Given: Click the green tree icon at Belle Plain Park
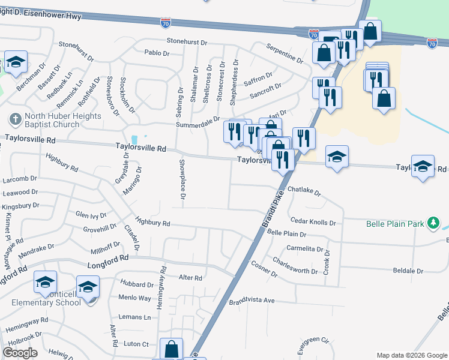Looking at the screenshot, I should [433, 224].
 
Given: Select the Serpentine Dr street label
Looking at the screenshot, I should [285, 53].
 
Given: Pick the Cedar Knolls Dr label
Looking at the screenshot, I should [313, 223].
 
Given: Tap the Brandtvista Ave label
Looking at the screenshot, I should [252, 301].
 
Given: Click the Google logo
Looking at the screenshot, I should [20, 353].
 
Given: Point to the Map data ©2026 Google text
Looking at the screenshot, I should [411, 355].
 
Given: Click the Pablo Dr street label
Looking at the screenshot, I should [157, 53].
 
